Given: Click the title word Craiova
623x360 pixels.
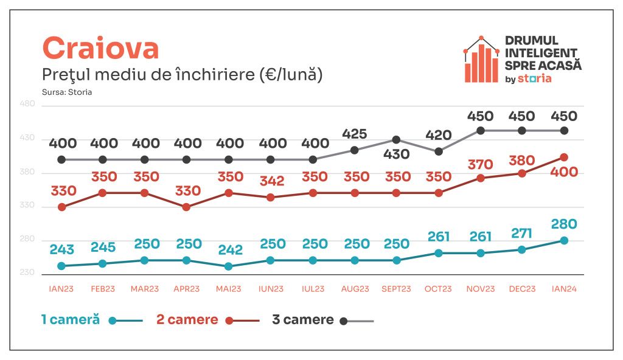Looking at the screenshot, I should point(100,48).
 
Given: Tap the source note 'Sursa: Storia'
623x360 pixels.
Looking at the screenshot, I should point(67,92).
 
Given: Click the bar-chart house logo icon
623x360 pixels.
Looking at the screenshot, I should point(481,60).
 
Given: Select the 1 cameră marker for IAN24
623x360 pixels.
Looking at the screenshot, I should point(564,240).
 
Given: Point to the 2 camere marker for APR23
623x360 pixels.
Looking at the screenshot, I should point(186,207).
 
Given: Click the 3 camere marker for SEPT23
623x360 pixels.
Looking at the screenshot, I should point(396,140).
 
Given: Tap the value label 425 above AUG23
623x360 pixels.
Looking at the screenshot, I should point(354,133).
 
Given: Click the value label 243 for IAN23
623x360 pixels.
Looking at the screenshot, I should point(62,249).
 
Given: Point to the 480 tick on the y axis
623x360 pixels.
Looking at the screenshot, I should point(28,104).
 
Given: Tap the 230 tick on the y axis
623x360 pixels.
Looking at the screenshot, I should point(28,272).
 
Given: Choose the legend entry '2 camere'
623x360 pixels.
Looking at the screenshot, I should point(187,320).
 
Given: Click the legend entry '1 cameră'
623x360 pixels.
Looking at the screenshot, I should point(70,320).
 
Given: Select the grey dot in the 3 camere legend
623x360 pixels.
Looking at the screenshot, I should point(344,320).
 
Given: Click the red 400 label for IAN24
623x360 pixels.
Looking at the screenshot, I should point(564,172).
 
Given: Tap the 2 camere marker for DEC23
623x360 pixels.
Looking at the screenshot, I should point(522,173).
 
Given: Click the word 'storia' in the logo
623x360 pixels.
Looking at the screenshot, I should point(535,78).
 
